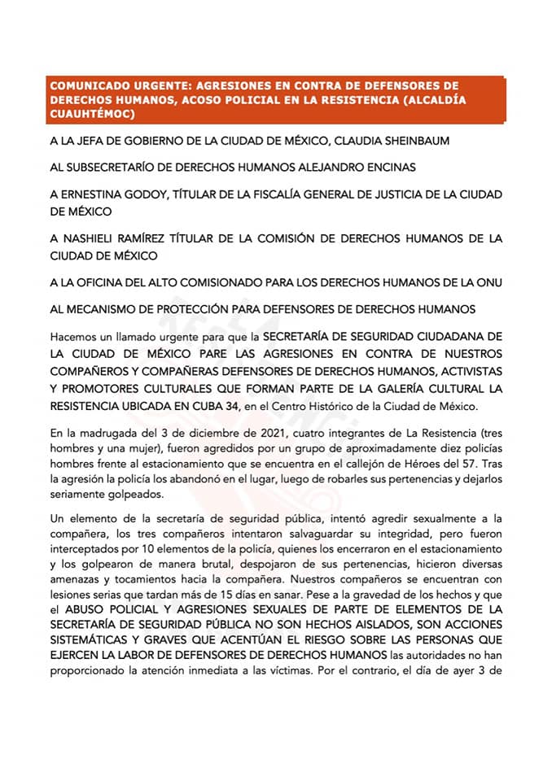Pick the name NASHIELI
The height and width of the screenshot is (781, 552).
point(98,238)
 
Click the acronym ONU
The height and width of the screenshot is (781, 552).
point(487,282)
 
